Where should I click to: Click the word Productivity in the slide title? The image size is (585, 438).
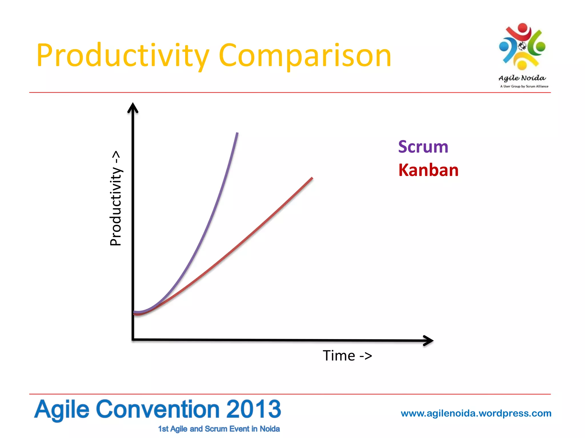tap(123, 56)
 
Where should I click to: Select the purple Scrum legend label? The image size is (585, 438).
tap(423, 147)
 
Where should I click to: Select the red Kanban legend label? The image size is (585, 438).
tap(428, 170)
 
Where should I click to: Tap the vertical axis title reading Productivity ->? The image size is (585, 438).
tap(116, 198)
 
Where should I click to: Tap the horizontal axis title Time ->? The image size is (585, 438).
tap(347, 356)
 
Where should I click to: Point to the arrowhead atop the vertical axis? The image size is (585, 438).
tap(133, 108)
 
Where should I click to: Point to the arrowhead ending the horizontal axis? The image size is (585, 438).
tap(429, 340)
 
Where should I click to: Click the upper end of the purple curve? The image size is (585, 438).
tap(237, 133)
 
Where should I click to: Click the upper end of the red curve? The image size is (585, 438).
tap(312, 178)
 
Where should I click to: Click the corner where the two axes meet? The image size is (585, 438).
tap(133, 339)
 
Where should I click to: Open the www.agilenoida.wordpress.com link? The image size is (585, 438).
tap(476, 413)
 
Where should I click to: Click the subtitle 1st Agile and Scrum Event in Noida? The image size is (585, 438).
tap(219, 429)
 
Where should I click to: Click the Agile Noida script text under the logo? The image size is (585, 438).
tap(522, 78)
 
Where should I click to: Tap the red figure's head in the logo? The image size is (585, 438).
tap(522, 28)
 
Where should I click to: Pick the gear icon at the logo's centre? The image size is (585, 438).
tap(522, 46)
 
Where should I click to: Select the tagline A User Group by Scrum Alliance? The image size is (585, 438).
tap(524, 86)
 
